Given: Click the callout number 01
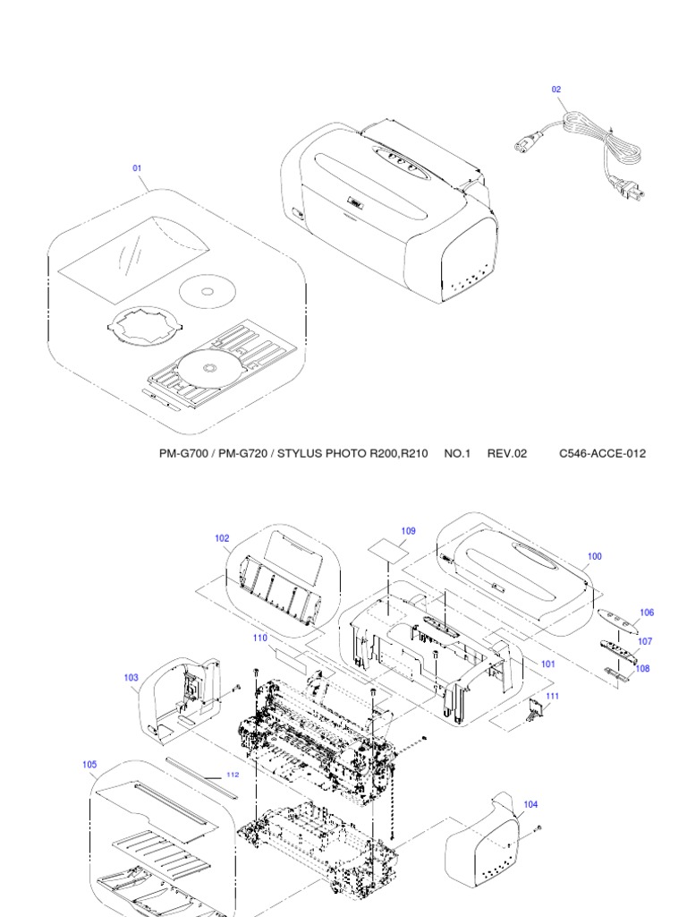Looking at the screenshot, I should [138, 167].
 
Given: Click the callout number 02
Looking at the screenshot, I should [556, 90].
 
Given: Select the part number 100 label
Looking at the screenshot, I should [594, 556].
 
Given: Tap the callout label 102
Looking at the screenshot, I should [222, 538].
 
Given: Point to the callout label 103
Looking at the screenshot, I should [131, 678].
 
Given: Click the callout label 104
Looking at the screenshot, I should [530, 804].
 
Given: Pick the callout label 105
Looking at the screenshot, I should [89, 765].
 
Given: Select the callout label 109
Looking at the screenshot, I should [408, 531].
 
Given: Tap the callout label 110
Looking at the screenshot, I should [260, 638].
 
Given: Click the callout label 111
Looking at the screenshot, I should [552, 696].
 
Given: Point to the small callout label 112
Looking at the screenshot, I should [233, 775].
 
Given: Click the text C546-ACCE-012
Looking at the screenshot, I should [602, 454].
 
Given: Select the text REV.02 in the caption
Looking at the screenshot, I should [506, 454].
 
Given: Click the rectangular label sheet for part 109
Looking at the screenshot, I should [386, 549].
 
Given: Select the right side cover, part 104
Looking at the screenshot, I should [483, 837].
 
